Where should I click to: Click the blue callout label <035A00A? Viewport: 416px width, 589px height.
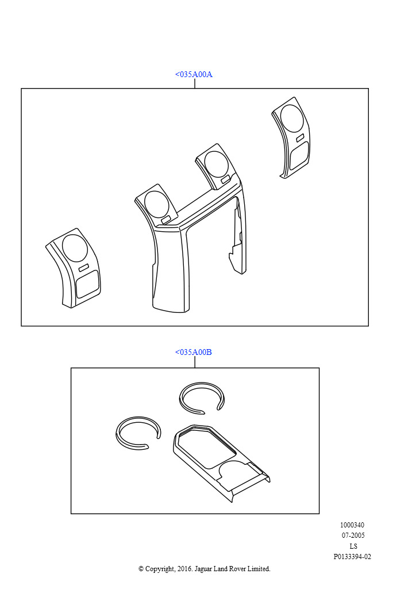coord(194,74)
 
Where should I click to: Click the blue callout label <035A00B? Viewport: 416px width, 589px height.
coord(194,353)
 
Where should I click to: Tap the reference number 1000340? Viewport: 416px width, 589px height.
coord(352,525)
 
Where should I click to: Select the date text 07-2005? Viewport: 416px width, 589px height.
coord(353,536)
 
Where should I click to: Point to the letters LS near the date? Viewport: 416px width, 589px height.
coord(353,546)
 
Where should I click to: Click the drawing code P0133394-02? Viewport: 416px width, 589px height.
coord(352,557)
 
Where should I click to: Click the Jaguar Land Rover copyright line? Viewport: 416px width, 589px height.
coord(205,569)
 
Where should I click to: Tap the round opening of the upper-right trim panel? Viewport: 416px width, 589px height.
coord(292,118)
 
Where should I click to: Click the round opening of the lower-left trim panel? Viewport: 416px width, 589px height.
coord(75,248)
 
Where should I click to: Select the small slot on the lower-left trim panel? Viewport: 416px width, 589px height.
coord(84,267)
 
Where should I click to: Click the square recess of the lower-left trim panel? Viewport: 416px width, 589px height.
coord(87,284)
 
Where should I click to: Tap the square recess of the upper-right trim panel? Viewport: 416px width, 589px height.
coord(299,155)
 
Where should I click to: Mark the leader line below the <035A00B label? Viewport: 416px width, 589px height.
coord(195,362)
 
